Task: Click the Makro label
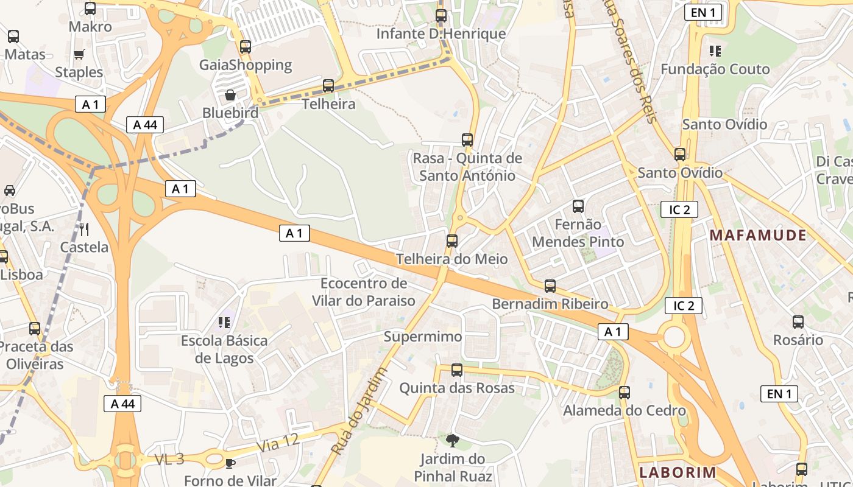pyautogui.click(x=90, y=27)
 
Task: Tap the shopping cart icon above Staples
pyautogui.click(x=79, y=55)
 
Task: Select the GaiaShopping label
pyautogui.click(x=246, y=65)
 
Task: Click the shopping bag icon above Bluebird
pyautogui.click(x=230, y=95)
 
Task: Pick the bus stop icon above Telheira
pyautogui.click(x=328, y=86)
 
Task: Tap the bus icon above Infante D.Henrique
pyautogui.click(x=441, y=16)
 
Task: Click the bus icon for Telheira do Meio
pyautogui.click(x=452, y=241)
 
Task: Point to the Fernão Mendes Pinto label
pyautogui.click(x=578, y=233)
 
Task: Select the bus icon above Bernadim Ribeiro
pyautogui.click(x=550, y=286)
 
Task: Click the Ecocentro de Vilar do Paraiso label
pyautogui.click(x=364, y=292)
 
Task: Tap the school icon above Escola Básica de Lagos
pyautogui.click(x=224, y=322)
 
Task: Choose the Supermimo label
pyautogui.click(x=423, y=337)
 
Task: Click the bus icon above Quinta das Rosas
pyautogui.click(x=457, y=370)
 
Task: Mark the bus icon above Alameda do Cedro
pyautogui.click(x=625, y=393)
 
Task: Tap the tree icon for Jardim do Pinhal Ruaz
pyautogui.click(x=452, y=440)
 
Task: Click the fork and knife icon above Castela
pyautogui.click(x=84, y=229)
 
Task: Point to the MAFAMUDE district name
pyautogui.click(x=758, y=236)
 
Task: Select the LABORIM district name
pyautogui.click(x=678, y=472)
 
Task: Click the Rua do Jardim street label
pyautogui.click(x=359, y=412)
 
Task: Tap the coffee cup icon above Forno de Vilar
pyautogui.click(x=230, y=463)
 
